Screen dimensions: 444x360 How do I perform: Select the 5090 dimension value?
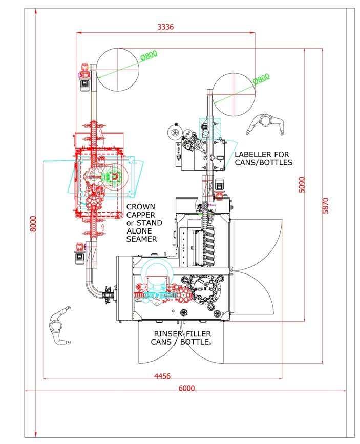pyautogui.click(x=302, y=185)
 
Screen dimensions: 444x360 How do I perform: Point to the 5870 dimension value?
pyautogui.click(x=324, y=204)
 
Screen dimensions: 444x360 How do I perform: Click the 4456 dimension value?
pyautogui.click(x=162, y=376)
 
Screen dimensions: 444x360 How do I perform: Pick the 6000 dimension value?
pyautogui.click(x=186, y=388)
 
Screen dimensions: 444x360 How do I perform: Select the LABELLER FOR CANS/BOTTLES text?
pyautogui.click(x=263, y=158)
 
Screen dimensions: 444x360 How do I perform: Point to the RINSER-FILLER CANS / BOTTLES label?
pyautogui.click(x=182, y=338)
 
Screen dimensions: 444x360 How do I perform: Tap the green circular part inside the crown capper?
pyautogui.click(x=114, y=177)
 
